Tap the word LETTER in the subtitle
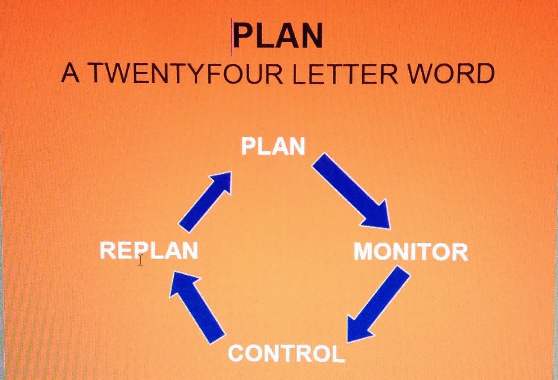click(345, 73)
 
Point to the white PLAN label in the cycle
click(273, 146)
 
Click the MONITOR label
click(411, 251)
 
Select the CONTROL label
click(286, 353)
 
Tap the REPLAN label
click(149, 250)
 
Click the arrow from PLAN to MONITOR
click(351, 191)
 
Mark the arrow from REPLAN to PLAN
click(205, 201)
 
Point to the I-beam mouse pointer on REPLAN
click(140, 260)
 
